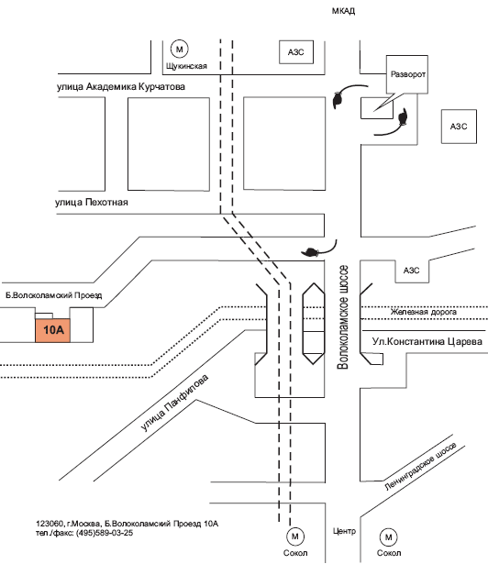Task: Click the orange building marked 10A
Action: pos(52,330)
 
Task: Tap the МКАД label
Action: pos(343,11)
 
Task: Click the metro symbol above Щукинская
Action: pos(179,49)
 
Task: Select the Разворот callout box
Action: pos(407,74)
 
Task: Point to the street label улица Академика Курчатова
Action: pos(121,87)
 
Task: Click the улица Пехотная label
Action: pos(92,202)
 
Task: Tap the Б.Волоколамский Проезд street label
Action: pos(54,295)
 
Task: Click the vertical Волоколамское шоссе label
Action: pos(342,317)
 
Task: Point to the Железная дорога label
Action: pos(424,312)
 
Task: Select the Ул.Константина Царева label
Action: pos(427,341)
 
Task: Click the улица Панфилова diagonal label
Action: pos(174,403)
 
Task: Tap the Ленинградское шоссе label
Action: pos(420,466)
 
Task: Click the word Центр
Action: pos(344,531)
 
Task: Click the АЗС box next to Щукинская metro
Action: pos(296,52)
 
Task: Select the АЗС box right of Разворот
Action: pos(459,127)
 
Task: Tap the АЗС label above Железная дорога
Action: pos(411,271)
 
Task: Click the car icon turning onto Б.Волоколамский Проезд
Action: pos(310,252)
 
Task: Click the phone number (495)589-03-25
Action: pos(105,533)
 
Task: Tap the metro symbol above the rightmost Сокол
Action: pos(388,537)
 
